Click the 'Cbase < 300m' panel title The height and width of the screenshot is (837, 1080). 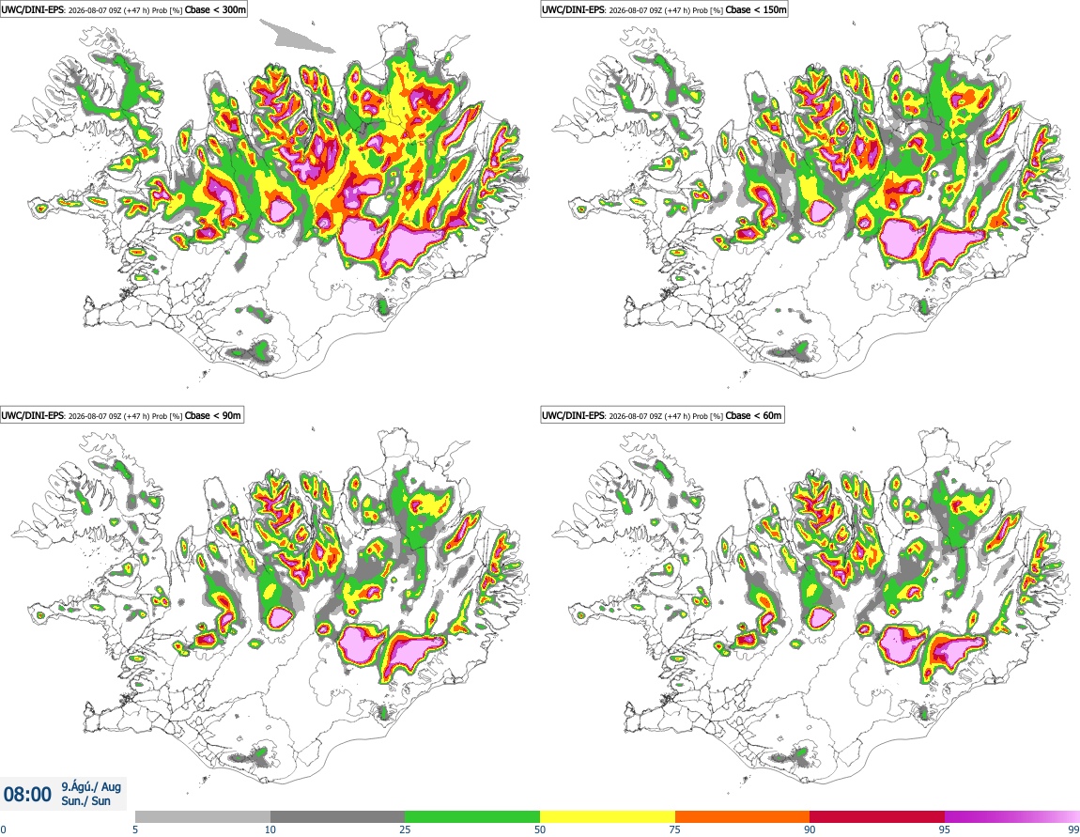click(x=215, y=9)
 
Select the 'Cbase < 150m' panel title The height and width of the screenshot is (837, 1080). click(x=756, y=9)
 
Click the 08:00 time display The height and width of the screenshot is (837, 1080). click(x=27, y=795)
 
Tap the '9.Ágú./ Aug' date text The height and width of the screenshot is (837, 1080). click(x=91, y=786)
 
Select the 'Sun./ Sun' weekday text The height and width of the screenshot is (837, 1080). click(x=85, y=801)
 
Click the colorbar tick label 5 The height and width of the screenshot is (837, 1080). click(x=135, y=829)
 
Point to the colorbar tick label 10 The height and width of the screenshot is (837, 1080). click(x=270, y=829)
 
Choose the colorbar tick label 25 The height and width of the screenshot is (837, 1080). click(x=405, y=829)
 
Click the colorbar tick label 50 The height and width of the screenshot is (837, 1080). click(x=540, y=829)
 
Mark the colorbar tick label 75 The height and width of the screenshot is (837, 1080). click(x=675, y=829)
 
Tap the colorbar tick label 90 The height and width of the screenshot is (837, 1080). click(x=810, y=829)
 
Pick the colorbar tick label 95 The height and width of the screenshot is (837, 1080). click(x=945, y=829)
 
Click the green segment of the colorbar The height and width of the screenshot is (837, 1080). click(x=472, y=816)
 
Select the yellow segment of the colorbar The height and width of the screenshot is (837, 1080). click(x=608, y=816)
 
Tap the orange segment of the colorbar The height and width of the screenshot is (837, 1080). click(x=743, y=816)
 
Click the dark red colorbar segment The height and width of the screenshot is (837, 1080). click(x=877, y=816)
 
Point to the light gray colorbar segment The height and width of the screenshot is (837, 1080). click(x=203, y=816)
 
